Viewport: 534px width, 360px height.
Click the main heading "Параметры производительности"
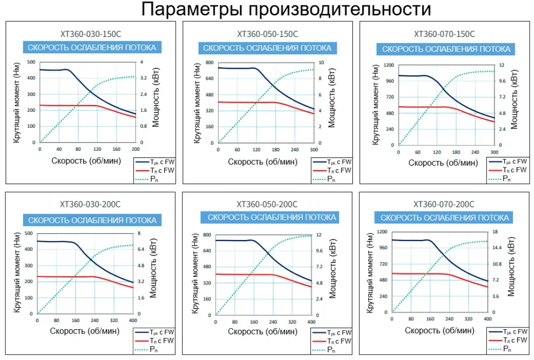tap(286, 9)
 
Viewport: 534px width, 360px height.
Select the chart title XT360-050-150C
tap(268, 34)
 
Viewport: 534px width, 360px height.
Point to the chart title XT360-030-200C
tap(90, 204)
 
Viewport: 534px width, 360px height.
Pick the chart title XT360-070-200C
tap(444, 204)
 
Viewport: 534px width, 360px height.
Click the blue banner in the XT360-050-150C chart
tap(268, 48)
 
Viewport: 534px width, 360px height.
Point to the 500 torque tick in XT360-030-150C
tap(31, 62)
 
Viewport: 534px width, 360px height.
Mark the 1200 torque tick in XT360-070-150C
tap(389, 65)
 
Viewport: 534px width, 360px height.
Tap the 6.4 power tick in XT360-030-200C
tap(140, 249)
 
